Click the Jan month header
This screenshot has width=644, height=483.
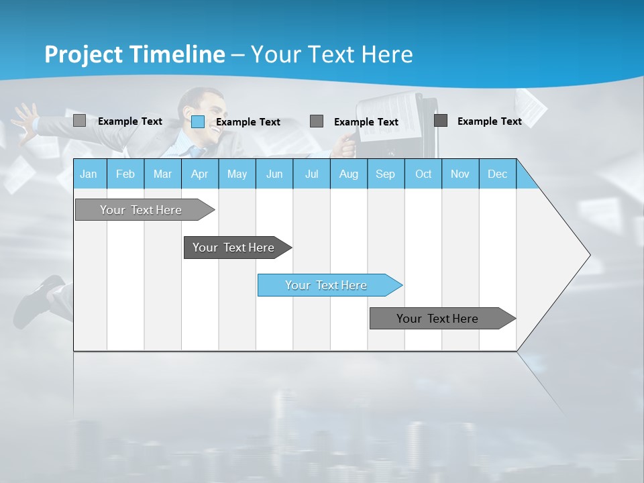tap(89, 174)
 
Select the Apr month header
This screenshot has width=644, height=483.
tap(199, 174)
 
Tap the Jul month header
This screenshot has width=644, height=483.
tap(311, 174)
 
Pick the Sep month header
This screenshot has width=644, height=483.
tap(385, 174)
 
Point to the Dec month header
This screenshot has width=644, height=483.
tap(497, 174)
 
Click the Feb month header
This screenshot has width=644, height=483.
tap(125, 174)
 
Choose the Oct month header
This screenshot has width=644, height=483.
tap(423, 174)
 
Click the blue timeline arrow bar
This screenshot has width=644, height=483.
tap(329, 285)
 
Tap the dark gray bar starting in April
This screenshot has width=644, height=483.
tap(235, 248)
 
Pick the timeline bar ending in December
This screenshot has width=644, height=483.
tap(439, 319)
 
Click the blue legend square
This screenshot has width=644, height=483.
tap(198, 121)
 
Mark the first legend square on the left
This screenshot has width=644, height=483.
tap(79, 121)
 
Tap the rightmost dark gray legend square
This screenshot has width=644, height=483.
tap(441, 121)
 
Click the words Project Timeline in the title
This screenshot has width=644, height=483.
tap(134, 54)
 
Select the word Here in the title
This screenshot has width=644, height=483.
tap(387, 54)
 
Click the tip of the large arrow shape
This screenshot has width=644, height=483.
tap(588, 255)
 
